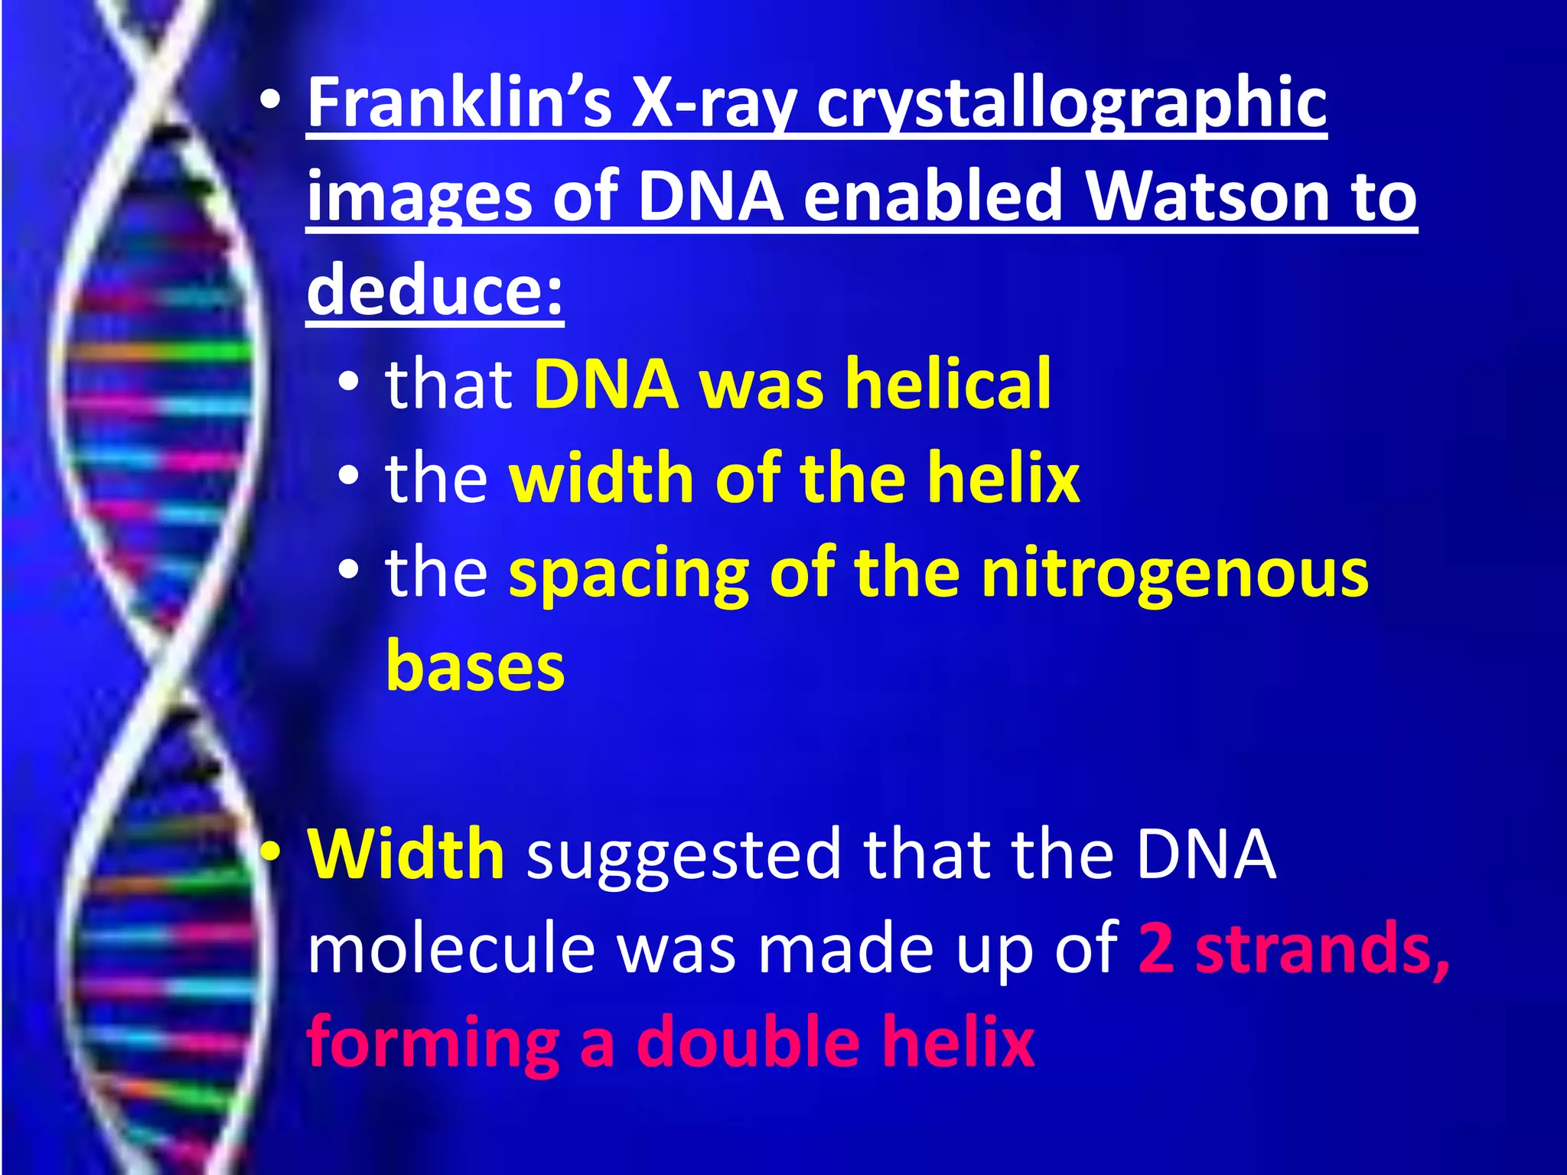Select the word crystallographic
pos(1072,106)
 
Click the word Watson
pos(1208,197)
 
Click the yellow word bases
pos(475,666)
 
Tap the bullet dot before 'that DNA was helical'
pos(348,382)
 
